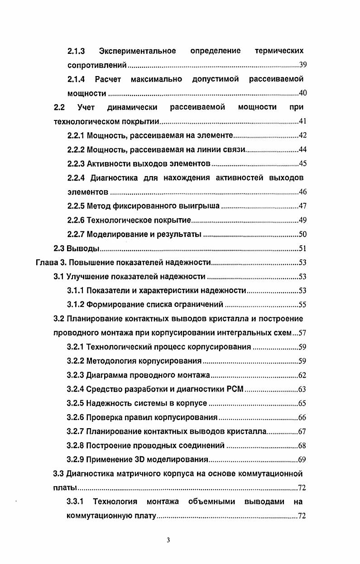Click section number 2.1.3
pos(77,51)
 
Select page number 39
pos(303,65)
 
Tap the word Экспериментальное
pos(137,51)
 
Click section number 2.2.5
pos(76,206)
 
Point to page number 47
pos(303,206)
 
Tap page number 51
pos(303,249)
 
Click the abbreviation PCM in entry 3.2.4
pos(235,389)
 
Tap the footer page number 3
pos(168,540)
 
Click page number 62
pos(303,375)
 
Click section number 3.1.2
pos(76,304)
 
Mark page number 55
pos(303,305)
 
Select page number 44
pos(303,150)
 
